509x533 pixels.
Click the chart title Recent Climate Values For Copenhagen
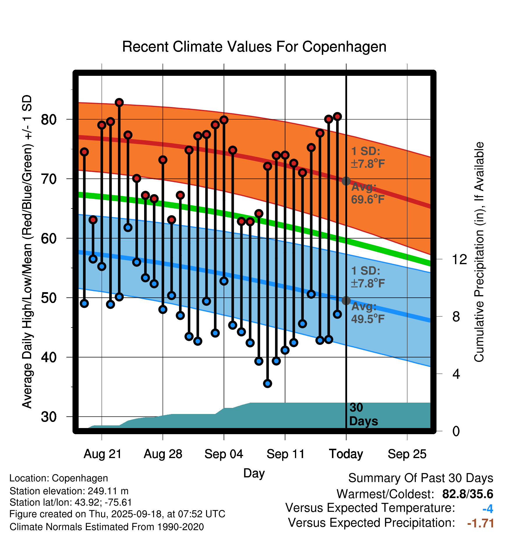pyautogui.click(x=254, y=47)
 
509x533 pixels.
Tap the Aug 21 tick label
pyautogui.click(x=102, y=454)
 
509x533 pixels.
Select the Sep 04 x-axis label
pyautogui.click(x=224, y=454)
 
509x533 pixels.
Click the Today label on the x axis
pyautogui.click(x=346, y=454)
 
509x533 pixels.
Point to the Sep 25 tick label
pyautogui.click(x=407, y=454)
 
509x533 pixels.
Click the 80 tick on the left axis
pyautogui.click(x=49, y=120)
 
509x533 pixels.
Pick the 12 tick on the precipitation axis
pyautogui.click(x=459, y=259)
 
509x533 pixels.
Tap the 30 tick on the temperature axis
pyautogui.click(x=49, y=417)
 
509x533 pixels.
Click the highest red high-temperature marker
pyautogui.click(x=119, y=103)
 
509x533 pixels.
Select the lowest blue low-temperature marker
pyautogui.click(x=268, y=383)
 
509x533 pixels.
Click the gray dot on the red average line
pyautogui.click(x=346, y=181)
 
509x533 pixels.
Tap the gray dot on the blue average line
pyautogui.click(x=346, y=301)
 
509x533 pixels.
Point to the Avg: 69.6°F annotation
pyautogui.click(x=367, y=193)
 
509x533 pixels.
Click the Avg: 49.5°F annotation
pyautogui.click(x=367, y=313)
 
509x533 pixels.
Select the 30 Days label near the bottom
pyautogui.click(x=363, y=414)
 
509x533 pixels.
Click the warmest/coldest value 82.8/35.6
pyautogui.click(x=468, y=494)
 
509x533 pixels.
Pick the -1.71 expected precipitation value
pyautogui.click(x=481, y=523)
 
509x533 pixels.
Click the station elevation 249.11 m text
pyautogui.click(x=69, y=491)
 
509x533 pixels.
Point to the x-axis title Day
pyautogui.click(x=254, y=473)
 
